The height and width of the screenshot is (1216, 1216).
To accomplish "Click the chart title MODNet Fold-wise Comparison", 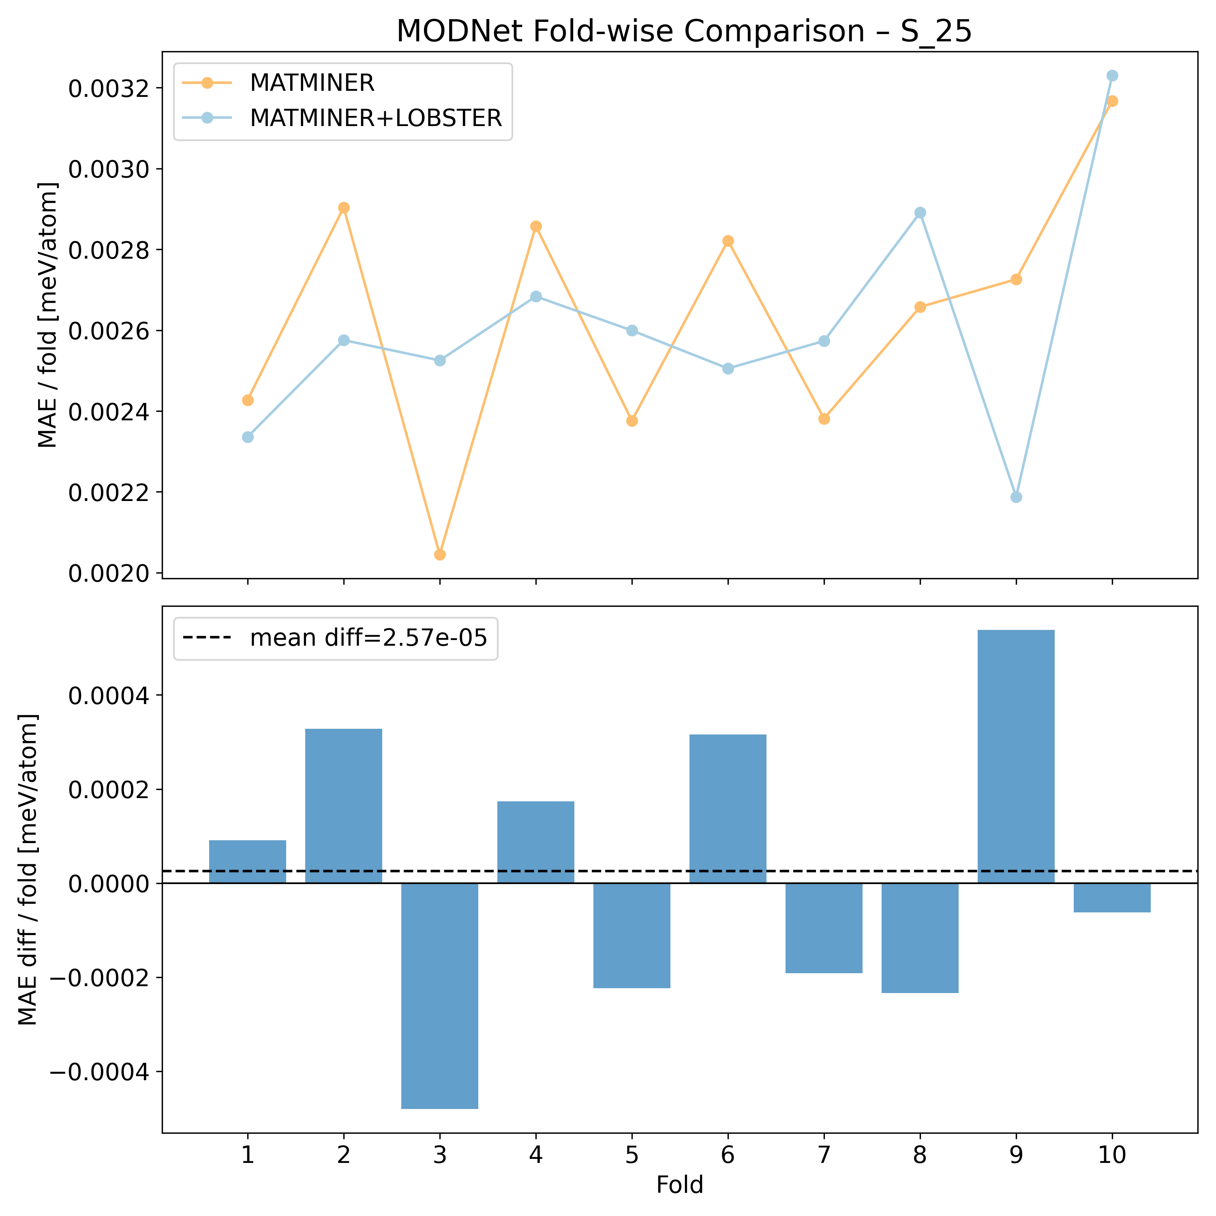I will coord(683,32).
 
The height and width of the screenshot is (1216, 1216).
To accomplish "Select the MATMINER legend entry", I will coord(312,83).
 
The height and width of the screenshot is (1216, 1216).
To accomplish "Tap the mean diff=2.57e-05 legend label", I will coord(368,638).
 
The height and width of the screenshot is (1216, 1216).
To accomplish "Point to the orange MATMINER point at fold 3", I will coord(440,554).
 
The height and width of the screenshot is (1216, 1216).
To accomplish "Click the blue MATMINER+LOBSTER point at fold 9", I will coord(1016,497).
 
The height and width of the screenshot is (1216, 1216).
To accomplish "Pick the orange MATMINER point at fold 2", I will coord(344,208).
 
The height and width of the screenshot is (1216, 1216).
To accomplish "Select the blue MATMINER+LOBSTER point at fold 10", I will coord(1112,75).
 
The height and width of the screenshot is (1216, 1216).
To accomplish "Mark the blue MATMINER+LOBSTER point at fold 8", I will coord(920,213).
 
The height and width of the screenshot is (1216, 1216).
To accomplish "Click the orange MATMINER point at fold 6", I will coord(728,241).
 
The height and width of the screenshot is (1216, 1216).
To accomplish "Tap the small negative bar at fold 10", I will coord(1112,897).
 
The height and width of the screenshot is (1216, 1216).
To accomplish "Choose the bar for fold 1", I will coord(247,862).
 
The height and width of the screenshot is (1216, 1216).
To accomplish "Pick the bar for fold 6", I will coord(728,809).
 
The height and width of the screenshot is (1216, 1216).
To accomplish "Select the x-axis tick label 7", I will coord(824,1156).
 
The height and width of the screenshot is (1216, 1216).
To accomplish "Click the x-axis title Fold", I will coord(680,1185).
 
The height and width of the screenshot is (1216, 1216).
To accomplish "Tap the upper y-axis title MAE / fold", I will coord(48,315).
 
